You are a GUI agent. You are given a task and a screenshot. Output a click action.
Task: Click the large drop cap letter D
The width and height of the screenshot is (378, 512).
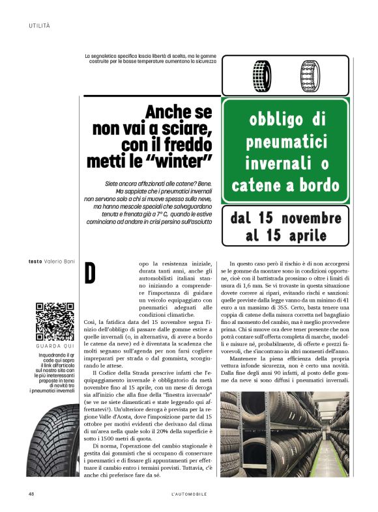[x=90, y=273]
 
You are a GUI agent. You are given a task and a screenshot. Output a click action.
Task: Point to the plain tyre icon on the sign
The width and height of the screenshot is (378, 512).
[x=262, y=75]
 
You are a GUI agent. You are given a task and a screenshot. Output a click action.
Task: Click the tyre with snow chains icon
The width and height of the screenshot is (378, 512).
[x=310, y=75]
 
